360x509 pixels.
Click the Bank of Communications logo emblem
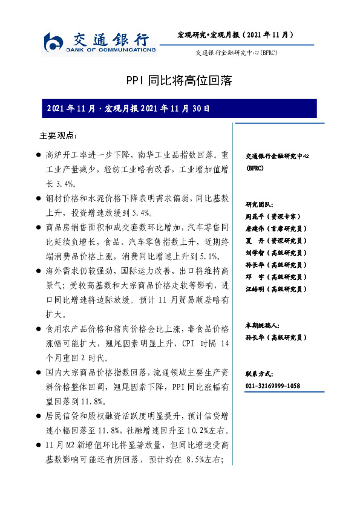tap(54, 43)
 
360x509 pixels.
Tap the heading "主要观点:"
tap(58, 135)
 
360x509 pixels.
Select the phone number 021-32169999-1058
tap(273, 386)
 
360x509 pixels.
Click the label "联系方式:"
tap(260, 374)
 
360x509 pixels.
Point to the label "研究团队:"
tap(260, 204)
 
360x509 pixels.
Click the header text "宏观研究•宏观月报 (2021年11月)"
tap(235, 35)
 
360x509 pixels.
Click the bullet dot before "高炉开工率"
tap(39, 155)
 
